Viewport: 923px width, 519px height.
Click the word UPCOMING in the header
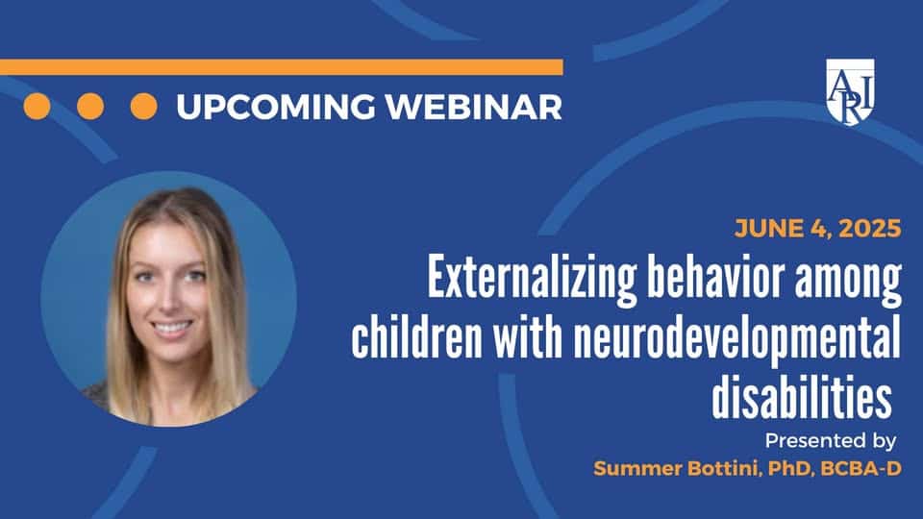point(276,107)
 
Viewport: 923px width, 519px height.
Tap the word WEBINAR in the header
point(474,107)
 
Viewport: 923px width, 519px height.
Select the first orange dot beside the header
point(37,107)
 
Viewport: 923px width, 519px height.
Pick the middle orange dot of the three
point(90,107)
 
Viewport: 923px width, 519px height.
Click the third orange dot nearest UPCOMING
point(143,107)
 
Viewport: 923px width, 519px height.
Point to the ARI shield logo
point(850,91)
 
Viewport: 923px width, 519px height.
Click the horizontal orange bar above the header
point(282,67)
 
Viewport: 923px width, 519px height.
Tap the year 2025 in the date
point(870,229)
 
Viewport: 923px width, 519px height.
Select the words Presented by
point(831,441)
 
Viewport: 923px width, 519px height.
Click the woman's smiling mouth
point(171,328)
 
